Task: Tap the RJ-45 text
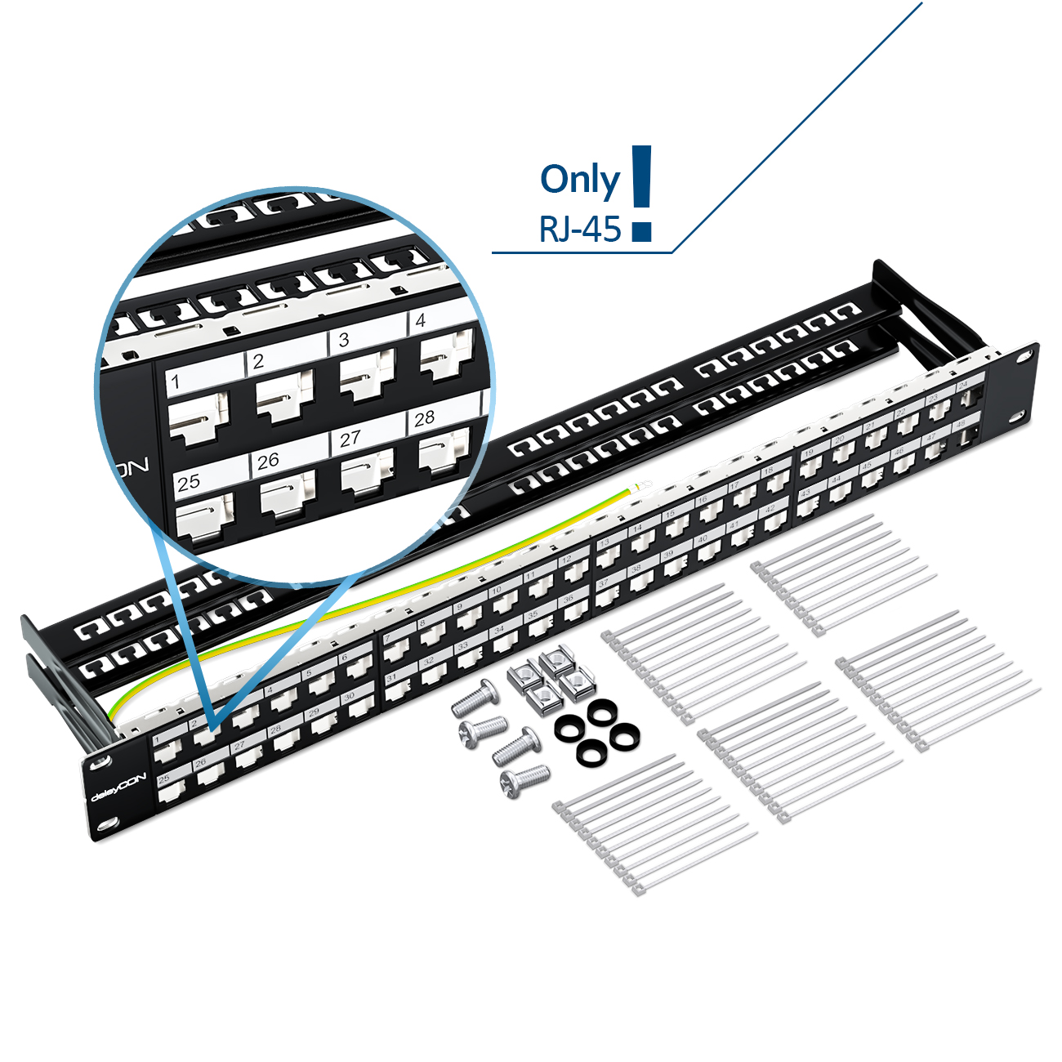[x=580, y=230]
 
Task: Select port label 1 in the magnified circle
[x=175, y=382]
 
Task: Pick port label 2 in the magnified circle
[x=259, y=361]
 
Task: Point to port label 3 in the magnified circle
[x=344, y=339]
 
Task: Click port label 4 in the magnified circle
[x=421, y=320]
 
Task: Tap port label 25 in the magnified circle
[x=189, y=482]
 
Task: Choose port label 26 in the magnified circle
[x=268, y=461]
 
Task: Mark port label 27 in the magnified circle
[x=350, y=439]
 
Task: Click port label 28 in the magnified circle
[x=424, y=418]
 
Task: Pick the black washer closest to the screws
[x=569, y=728]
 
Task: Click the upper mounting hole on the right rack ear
[x=1023, y=356]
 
